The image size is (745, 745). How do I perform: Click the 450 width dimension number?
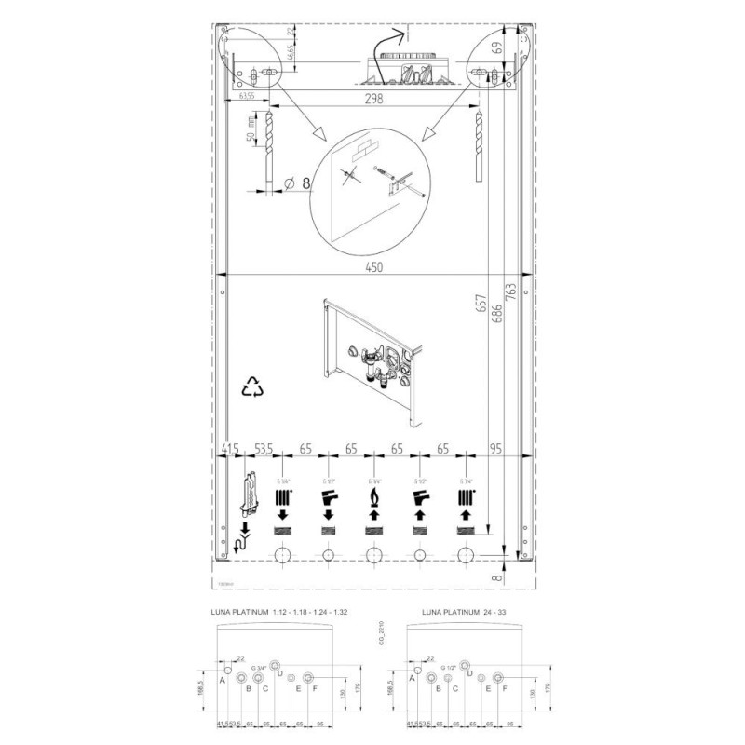[x=372, y=264]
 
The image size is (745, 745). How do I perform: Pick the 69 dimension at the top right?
[x=497, y=46]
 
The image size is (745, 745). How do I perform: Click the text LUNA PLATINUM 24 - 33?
[x=469, y=613]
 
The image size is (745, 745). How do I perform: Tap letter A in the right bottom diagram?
[x=413, y=680]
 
